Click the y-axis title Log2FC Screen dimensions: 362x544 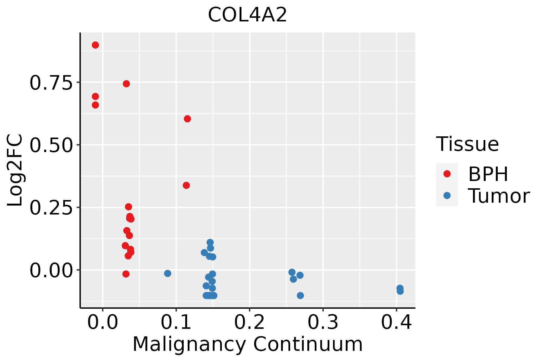(x=15, y=170)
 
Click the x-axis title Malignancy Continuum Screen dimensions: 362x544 (x=247, y=344)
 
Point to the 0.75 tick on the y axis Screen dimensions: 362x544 (x=51, y=83)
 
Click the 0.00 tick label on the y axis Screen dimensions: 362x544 (x=51, y=270)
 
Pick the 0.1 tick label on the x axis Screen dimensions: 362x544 (x=176, y=322)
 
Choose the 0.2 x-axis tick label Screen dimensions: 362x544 (x=250, y=322)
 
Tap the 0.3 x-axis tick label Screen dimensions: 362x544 (x=323, y=322)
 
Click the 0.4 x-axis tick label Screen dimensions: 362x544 (x=396, y=322)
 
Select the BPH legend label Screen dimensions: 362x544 (x=488, y=174)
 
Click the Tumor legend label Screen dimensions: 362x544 (x=499, y=196)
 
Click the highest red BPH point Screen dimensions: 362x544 (x=95, y=45)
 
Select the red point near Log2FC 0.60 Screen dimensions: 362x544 (x=187, y=119)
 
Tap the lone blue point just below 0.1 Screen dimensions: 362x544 (x=168, y=273)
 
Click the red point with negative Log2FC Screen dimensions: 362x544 (x=126, y=274)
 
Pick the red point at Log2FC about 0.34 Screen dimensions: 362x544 (x=186, y=185)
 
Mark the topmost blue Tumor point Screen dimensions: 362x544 (x=210, y=242)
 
